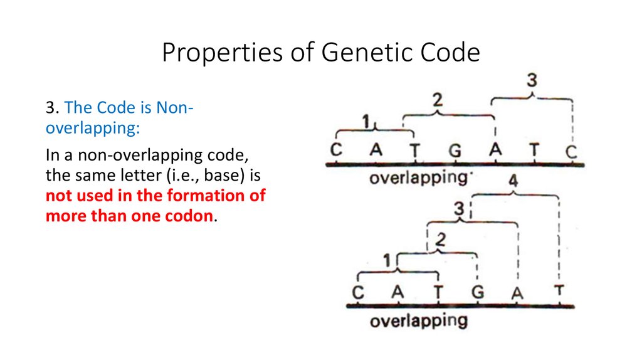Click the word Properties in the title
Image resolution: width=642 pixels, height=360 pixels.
pos(223,53)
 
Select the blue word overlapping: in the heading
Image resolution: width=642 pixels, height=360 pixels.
pos(93,129)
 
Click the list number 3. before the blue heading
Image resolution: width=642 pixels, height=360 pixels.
pos(53,108)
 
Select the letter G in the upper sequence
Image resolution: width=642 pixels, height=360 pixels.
pos(455,151)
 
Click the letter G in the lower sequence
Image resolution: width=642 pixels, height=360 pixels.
pos(477,292)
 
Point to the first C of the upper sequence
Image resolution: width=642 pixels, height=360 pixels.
pos(336,150)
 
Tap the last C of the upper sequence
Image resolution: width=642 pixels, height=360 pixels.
pos(571,152)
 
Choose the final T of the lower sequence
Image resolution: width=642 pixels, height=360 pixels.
pos(559,291)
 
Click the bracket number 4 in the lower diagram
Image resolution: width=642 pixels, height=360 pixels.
pos(513,181)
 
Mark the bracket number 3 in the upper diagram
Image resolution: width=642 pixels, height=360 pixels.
pos(532,80)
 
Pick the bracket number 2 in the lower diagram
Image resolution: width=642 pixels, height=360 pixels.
pos(441,240)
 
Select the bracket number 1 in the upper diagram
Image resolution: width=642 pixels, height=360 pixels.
pos(366,122)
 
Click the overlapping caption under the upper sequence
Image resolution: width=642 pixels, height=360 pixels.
pos(418,178)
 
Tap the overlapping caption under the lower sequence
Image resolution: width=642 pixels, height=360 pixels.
pos(418,321)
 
